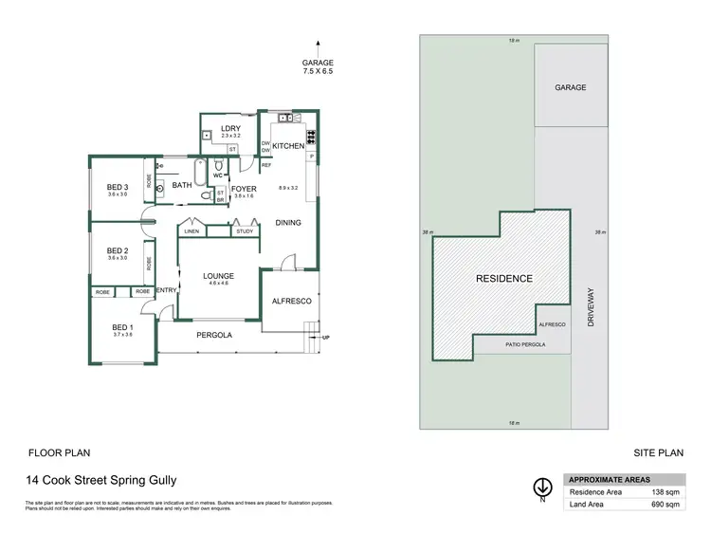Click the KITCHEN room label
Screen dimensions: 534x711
(x=288, y=146)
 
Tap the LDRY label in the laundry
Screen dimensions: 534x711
(x=230, y=128)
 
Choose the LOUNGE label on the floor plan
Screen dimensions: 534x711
(x=219, y=276)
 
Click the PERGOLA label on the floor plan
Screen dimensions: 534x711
(x=214, y=335)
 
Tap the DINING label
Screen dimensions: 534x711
(x=288, y=223)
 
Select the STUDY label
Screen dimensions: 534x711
(x=245, y=230)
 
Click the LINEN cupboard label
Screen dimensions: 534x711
(x=191, y=230)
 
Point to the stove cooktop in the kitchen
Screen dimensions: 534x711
(x=311, y=135)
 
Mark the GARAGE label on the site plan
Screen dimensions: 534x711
(x=570, y=87)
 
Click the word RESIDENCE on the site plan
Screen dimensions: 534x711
(x=503, y=279)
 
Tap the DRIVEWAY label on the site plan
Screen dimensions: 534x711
(x=590, y=307)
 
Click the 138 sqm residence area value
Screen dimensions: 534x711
(x=665, y=491)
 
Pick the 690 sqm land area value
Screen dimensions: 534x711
(x=665, y=505)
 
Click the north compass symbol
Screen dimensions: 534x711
(x=541, y=488)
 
